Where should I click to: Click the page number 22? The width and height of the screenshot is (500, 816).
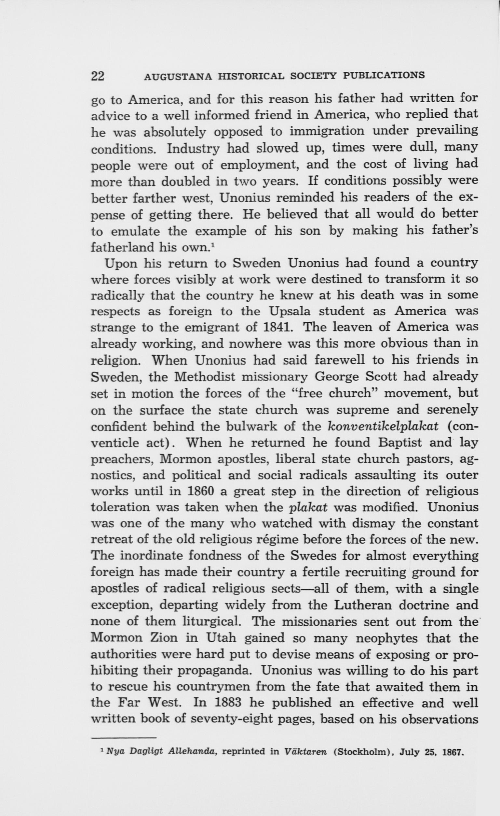tap(98, 76)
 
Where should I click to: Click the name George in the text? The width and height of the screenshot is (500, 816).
tap(336, 377)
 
